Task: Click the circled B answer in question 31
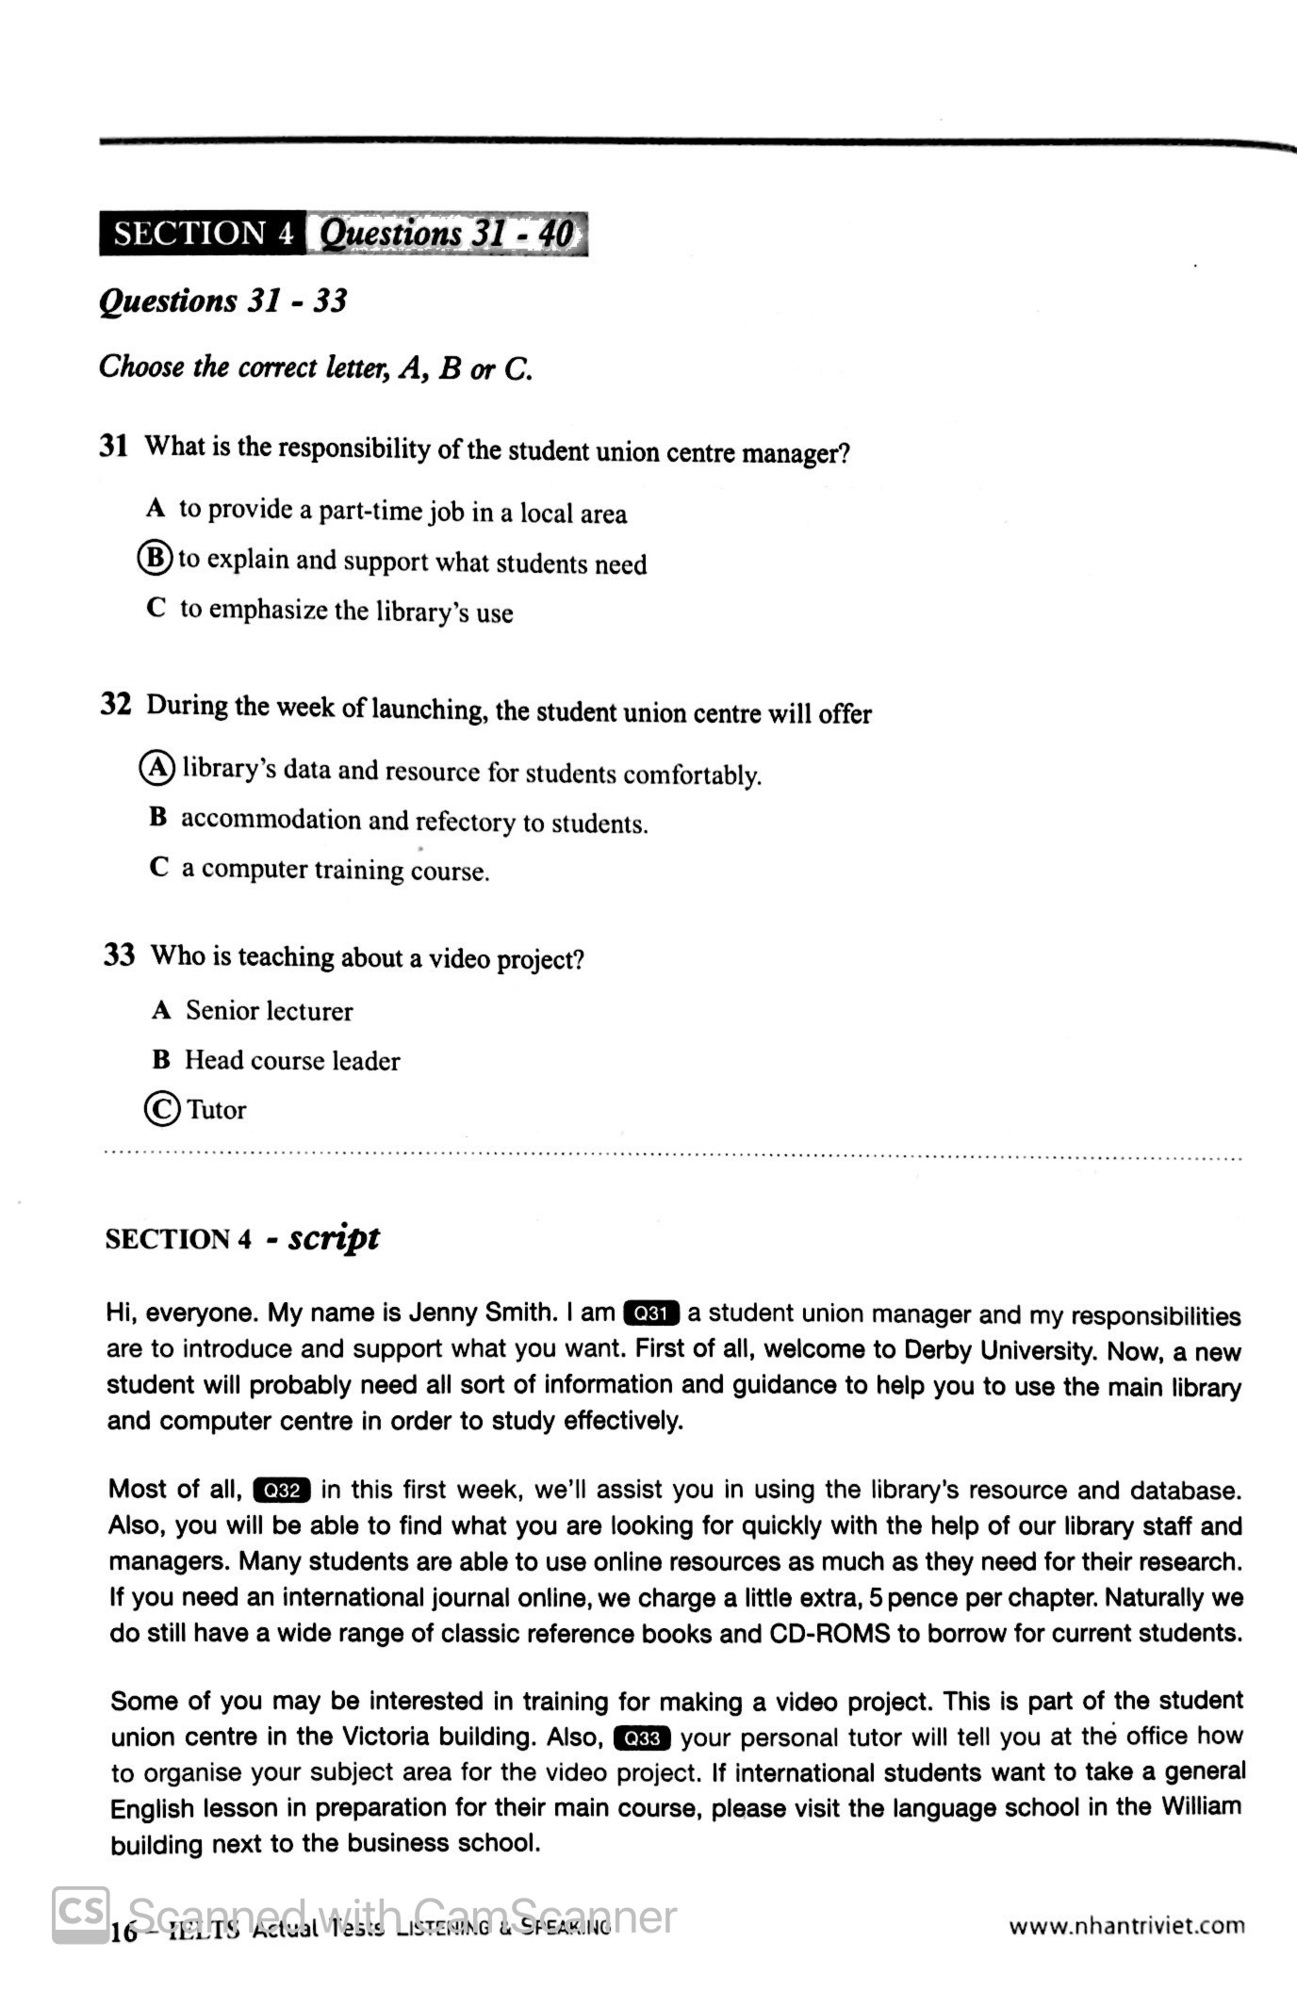point(155,558)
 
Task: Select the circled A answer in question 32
point(157,768)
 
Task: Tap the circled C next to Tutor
point(162,1109)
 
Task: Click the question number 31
point(114,446)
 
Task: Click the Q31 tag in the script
point(651,1313)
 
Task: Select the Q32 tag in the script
point(282,1490)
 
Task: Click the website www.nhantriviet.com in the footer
point(1126,1926)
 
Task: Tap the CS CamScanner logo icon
point(80,1914)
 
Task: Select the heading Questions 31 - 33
point(222,301)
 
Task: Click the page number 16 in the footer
point(123,1933)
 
